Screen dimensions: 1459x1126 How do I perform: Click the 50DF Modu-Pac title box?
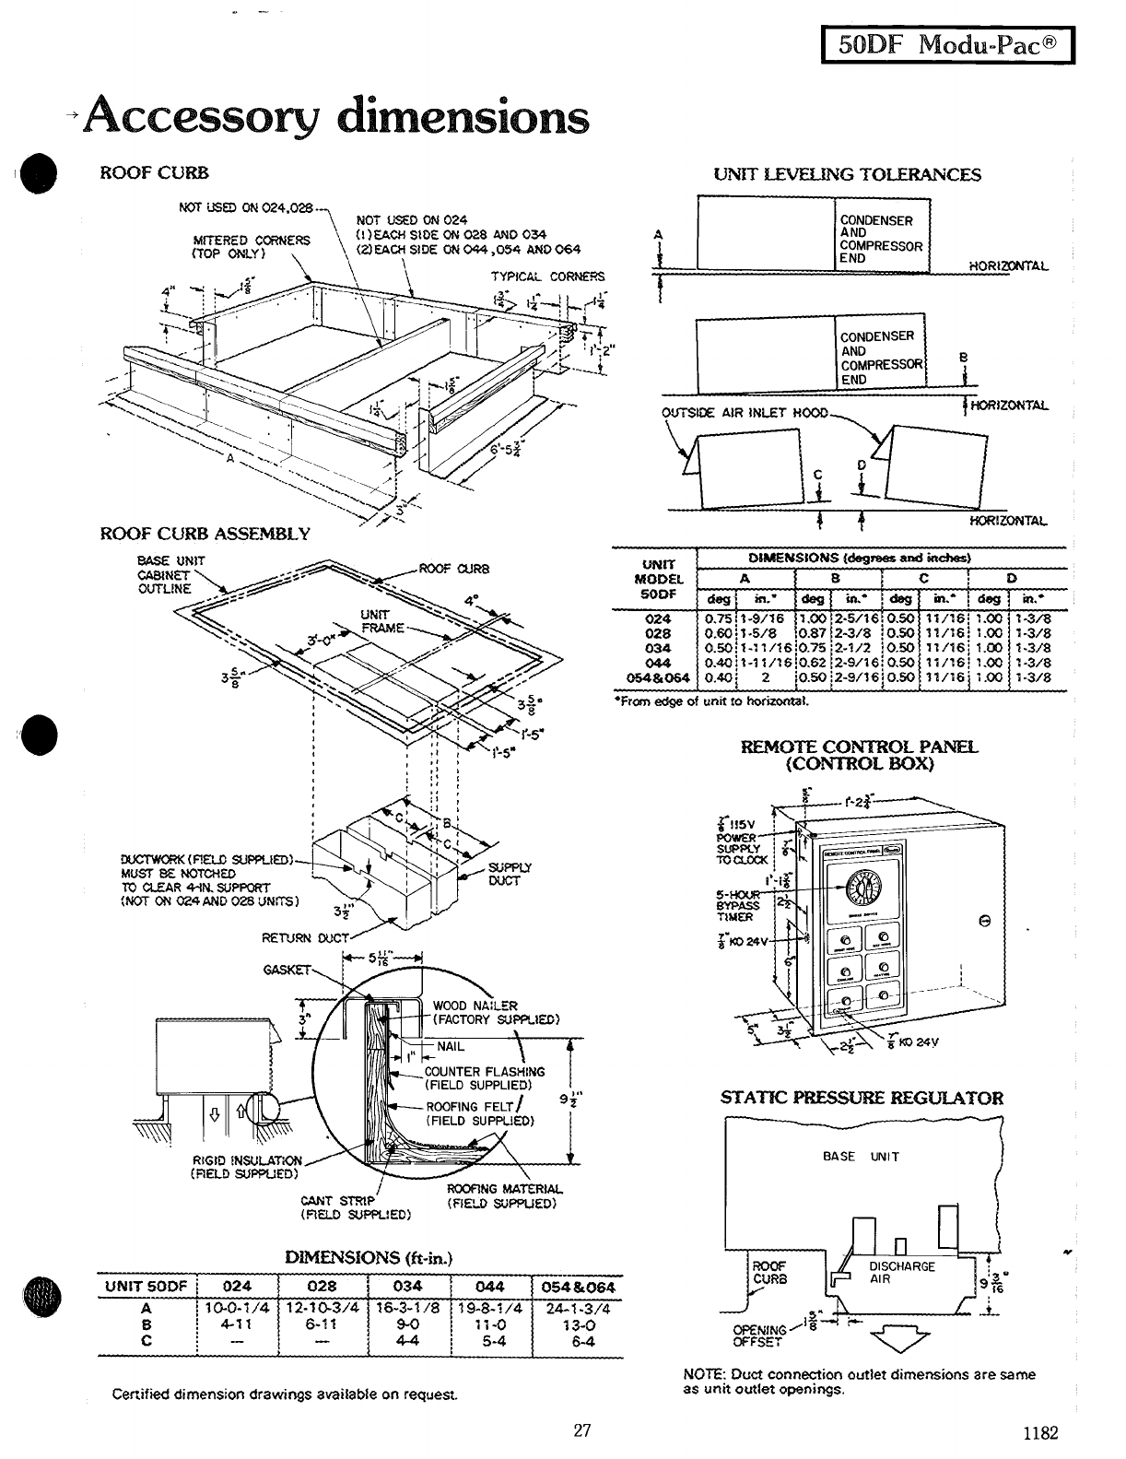point(946,42)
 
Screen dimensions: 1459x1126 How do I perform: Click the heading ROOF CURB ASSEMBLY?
point(205,534)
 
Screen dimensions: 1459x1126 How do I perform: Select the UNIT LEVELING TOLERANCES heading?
point(848,174)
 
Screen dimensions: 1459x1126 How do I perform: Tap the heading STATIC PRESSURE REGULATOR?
point(862,1098)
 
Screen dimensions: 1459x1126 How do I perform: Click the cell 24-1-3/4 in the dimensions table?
point(578,1309)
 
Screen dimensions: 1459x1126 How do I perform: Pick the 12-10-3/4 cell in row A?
point(322,1309)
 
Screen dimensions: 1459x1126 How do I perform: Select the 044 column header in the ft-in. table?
point(489,1287)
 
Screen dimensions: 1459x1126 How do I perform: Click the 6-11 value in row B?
point(322,1325)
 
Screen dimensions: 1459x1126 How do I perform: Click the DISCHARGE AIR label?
point(902,1273)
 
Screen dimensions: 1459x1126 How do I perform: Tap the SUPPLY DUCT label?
point(504,874)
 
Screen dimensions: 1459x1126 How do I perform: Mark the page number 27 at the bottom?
point(581,1430)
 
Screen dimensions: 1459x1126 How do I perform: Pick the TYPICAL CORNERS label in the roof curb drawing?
point(547,277)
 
